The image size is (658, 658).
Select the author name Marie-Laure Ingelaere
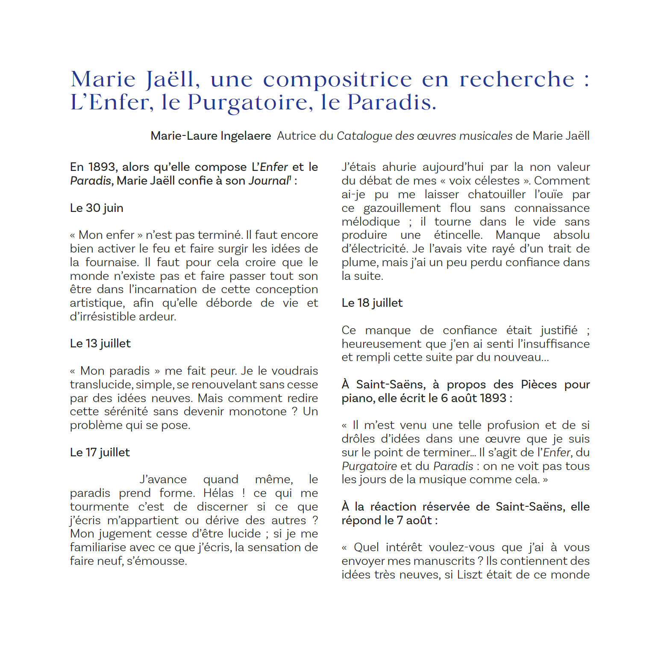pos(211,136)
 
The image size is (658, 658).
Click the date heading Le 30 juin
pos(97,208)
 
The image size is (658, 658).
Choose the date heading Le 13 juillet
pos(100,344)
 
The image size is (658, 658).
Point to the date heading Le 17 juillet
pos(100,452)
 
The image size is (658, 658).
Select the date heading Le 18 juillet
pos(372,303)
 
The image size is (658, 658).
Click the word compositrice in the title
pos(338,79)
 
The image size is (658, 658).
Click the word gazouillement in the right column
pos(402,208)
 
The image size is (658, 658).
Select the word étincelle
pos(458,235)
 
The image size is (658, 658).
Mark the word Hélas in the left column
pos(218,493)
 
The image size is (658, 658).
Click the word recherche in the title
pos(517,79)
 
